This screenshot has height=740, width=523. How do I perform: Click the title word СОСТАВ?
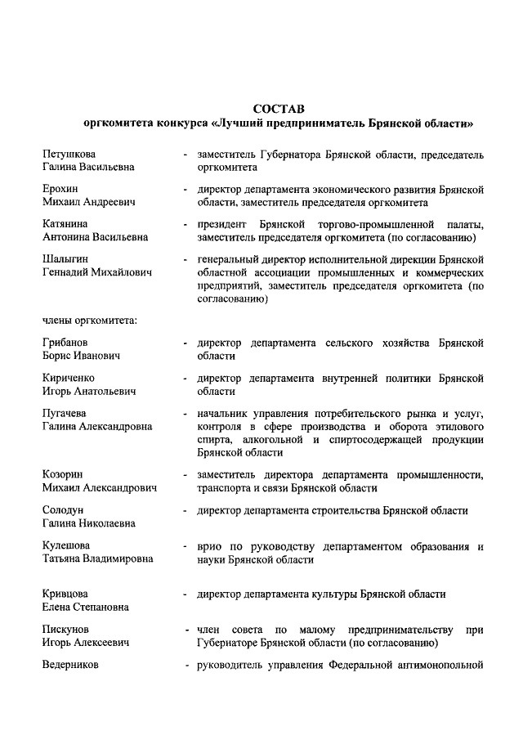[x=279, y=109]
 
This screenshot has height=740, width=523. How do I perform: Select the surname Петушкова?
[x=69, y=154]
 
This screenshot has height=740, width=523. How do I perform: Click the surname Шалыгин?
[x=65, y=258]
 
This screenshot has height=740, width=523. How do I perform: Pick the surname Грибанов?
[x=65, y=342]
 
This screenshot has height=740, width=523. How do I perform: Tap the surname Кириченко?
[x=69, y=378]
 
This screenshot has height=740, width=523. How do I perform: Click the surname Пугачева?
[x=65, y=413]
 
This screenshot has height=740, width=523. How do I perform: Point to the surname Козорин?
[x=63, y=474]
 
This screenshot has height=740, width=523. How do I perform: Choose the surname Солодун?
[x=63, y=510]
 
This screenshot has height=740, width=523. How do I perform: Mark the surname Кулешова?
[x=66, y=545]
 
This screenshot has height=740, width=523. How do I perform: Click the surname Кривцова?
[x=66, y=594]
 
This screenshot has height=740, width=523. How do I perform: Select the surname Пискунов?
[x=65, y=630]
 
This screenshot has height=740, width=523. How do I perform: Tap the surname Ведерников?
[x=70, y=665]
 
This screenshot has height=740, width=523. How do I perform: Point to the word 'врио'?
[x=209, y=545]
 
